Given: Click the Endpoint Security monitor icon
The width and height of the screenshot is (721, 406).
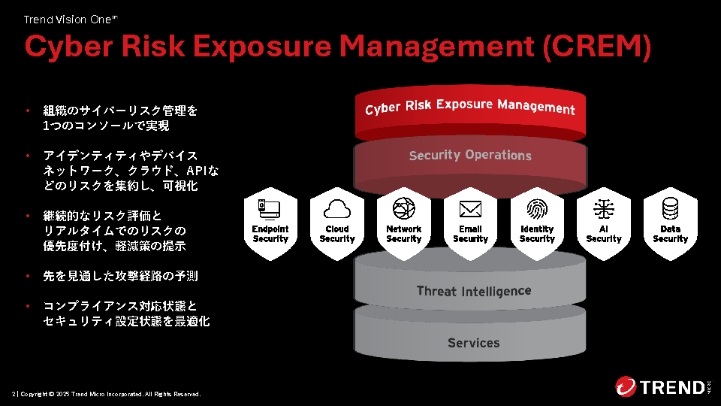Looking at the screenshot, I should pyautogui.click(x=270, y=208).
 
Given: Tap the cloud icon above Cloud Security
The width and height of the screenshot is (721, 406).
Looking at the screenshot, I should pyautogui.click(x=336, y=208).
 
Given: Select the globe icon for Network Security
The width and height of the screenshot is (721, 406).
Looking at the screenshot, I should pyautogui.click(x=403, y=208).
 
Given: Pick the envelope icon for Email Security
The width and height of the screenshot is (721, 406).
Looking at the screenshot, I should pyautogui.click(x=470, y=208).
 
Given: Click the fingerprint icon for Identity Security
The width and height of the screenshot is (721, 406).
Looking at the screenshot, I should pyautogui.click(x=537, y=208).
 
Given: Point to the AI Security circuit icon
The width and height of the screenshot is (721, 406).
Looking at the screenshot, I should pyautogui.click(x=604, y=208).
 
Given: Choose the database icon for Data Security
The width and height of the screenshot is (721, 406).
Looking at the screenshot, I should pyautogui.click(x=671, y=208).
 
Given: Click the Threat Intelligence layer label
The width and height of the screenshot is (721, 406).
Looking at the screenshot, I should pyautogui.click(x=473, y=291).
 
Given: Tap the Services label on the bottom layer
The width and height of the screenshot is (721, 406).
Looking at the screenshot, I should pyautogui.click(x=473, y=343).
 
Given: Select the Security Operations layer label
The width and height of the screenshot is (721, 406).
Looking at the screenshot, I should pyautogui.click(x=470, y=156).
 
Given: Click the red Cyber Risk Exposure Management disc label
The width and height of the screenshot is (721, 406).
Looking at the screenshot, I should pyautogui.click(x=470, y=107).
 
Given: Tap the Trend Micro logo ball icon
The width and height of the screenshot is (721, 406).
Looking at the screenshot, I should pyautogui.click(x=626, y=386).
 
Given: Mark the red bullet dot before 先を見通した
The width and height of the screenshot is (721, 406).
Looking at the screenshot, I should pyautogui.click(x=27, y=277).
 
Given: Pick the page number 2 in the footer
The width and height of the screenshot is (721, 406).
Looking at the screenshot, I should pyautogui.click(x=14, y=394).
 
